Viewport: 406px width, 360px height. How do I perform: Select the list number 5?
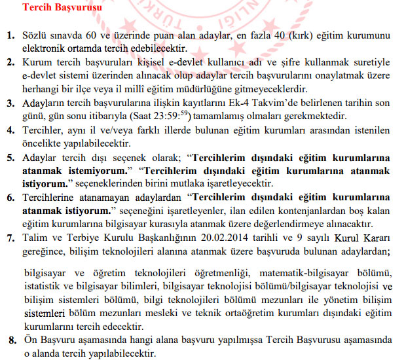point(10,158)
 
